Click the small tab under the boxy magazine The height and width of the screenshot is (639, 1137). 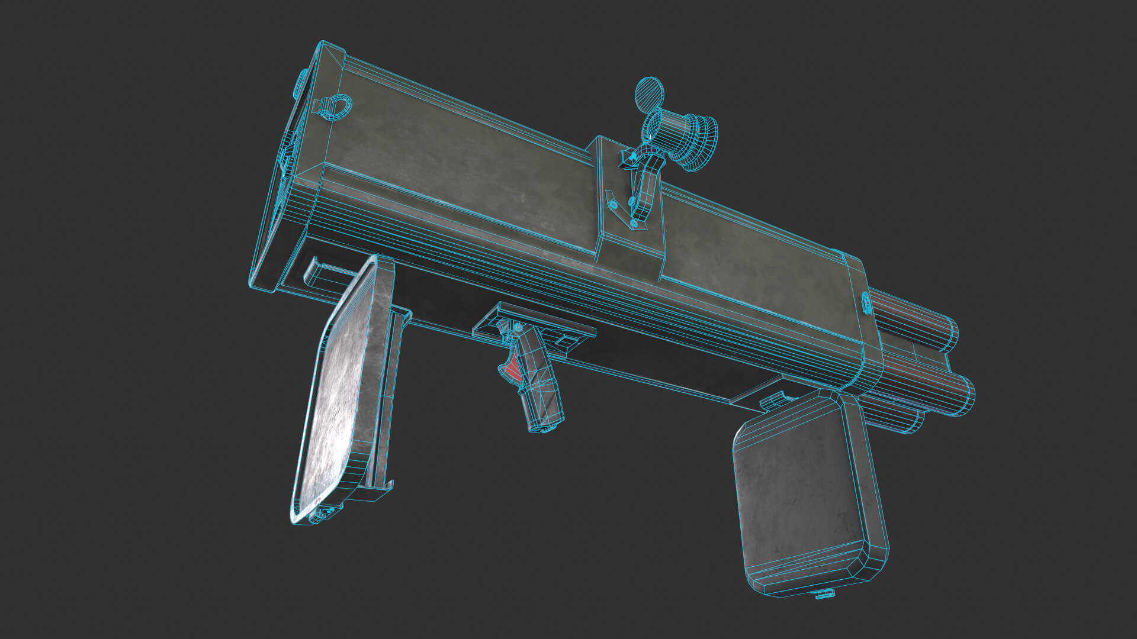pos(824,594)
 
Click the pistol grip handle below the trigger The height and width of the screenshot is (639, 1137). pos(542,390)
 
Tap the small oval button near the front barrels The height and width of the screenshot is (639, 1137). pos(865,302)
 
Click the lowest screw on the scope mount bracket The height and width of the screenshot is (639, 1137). pos(634,224)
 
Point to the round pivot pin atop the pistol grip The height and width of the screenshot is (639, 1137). pos(519,327)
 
